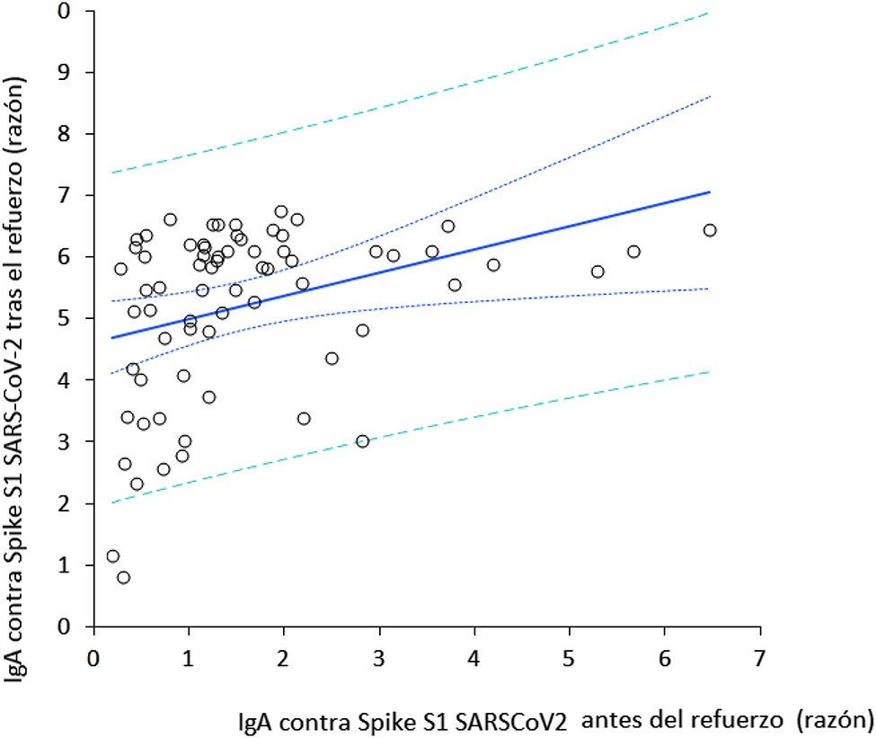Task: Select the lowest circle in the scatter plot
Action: click(x=123, y=577)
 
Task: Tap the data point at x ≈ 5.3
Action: click(x=597, y=271)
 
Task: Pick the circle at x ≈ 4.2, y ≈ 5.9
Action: click(x=493, y=264)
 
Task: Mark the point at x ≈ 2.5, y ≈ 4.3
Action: click(x=332, y=359)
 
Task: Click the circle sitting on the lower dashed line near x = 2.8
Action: click(x=362, y=441)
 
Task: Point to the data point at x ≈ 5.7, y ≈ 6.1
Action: click(x=633, y=252)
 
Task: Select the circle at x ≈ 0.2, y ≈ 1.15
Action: click(x=112, y=556)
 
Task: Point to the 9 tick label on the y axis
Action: click(x=64, y=72)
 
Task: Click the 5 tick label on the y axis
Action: click(x=64, y=319)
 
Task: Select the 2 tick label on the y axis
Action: click(x=64, y=504)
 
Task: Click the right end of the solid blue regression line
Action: click(x=710, y=191)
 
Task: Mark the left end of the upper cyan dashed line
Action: click(x=111, y=173)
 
